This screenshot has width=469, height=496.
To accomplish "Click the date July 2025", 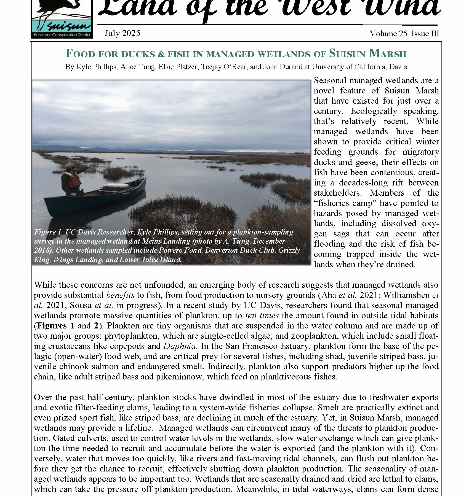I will pos(122,33).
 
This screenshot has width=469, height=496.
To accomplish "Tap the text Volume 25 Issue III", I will pos(404,34).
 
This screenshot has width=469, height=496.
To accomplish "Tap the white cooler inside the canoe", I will pos(116,187).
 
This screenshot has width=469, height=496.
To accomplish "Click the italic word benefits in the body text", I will pos(120,295).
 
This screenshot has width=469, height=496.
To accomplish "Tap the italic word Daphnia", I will pos(180,346).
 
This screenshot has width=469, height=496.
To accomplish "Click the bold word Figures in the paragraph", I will pos(52,326).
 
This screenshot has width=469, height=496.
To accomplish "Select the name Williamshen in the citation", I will pos(406,295).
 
